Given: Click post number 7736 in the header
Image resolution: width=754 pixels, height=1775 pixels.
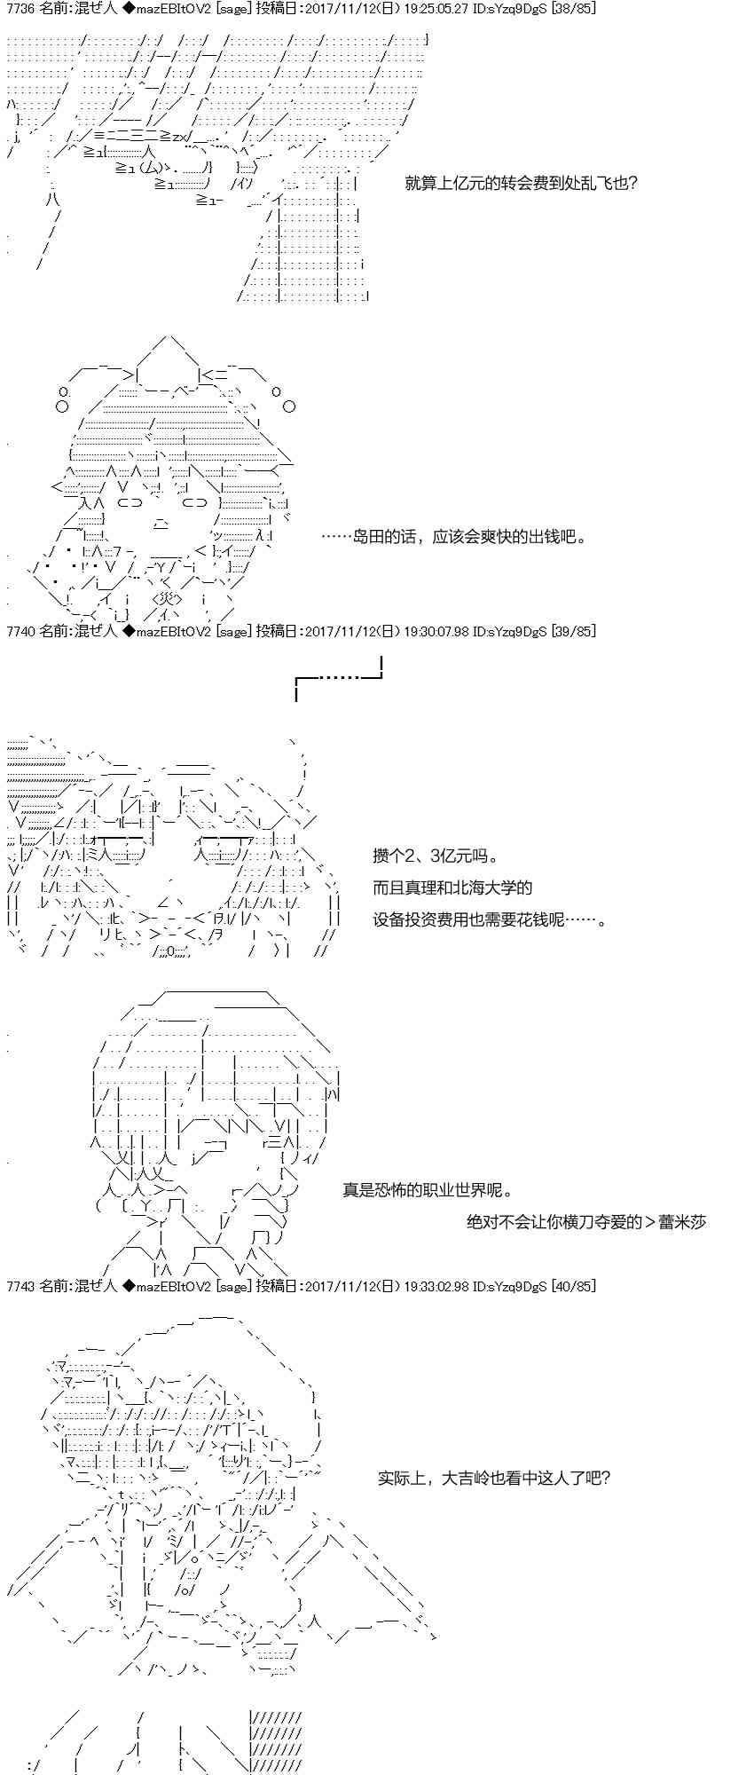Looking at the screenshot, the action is (20, 8).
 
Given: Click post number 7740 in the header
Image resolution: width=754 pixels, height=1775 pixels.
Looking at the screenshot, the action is (20, 631).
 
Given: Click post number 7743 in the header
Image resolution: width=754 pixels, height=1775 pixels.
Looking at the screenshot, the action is (20, 1286).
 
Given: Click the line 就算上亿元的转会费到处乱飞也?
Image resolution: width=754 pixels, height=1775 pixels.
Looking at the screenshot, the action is (521, 184).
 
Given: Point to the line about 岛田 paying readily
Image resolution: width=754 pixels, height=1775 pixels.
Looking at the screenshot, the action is (453, 536).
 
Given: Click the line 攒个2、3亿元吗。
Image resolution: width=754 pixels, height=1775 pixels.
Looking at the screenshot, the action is (436, 856).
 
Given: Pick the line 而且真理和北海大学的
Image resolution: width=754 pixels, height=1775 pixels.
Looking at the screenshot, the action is (452, 887).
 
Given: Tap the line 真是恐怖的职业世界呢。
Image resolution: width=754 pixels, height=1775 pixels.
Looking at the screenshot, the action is (428, 1190).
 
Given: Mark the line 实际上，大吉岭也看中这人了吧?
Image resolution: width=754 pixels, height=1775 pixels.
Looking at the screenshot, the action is (494, 1478).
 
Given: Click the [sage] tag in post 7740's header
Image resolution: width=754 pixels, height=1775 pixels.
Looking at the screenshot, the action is (234, 631).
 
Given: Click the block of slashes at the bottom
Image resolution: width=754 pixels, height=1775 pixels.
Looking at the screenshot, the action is (276, 1740).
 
